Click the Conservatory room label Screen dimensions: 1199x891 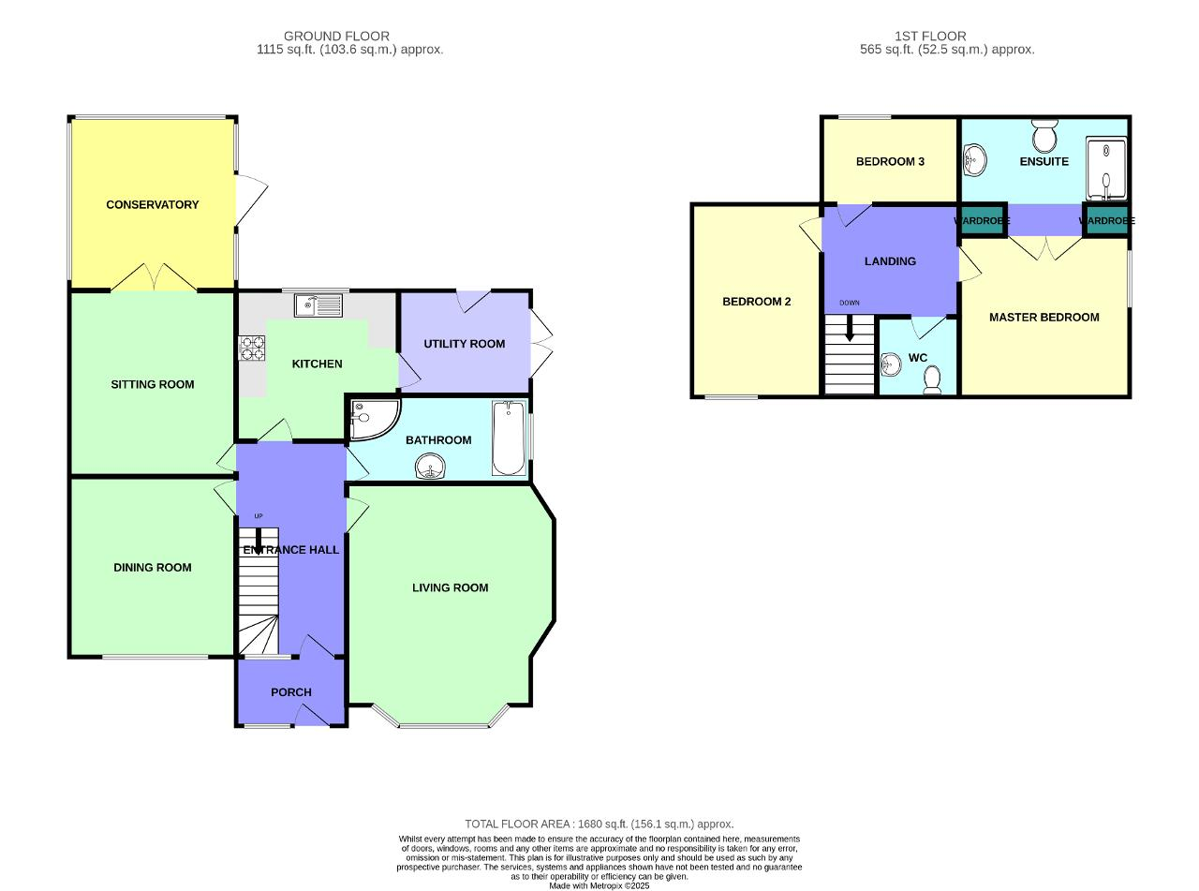coord(153,204)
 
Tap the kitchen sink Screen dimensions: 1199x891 coord(318,304)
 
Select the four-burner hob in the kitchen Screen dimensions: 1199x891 coord(253,348)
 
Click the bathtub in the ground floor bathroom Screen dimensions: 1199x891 coord(509,438)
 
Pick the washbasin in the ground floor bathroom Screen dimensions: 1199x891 coord(430,467)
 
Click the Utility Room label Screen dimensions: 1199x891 coord(465,344)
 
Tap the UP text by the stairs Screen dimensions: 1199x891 coord(259,516)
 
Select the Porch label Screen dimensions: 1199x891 coord(290,692)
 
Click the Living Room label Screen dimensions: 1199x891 coord(451,587)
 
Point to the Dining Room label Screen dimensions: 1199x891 coord(153,567)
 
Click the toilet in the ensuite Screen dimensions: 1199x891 coord(1044,136)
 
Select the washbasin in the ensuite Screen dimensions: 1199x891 coord(975,160)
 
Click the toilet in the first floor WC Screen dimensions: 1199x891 coord(932,379)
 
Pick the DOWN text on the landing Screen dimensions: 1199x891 coord(850,303)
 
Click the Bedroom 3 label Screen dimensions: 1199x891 coord(890,161)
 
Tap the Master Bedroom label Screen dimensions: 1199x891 coord(1044,318)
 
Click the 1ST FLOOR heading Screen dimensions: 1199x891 coord(930,37)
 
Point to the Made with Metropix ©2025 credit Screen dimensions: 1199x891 coord(599,885)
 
